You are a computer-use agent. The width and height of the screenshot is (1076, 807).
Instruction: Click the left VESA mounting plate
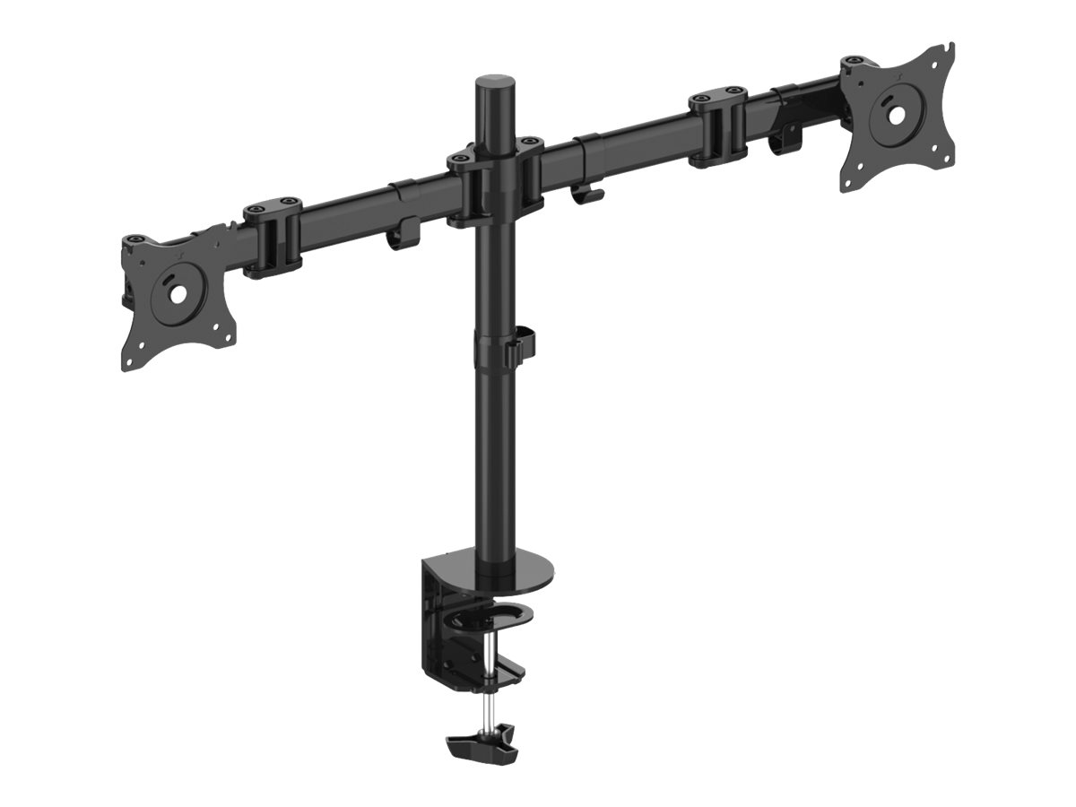[184, 305]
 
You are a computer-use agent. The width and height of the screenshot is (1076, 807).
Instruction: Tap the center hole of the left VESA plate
[172, 294]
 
